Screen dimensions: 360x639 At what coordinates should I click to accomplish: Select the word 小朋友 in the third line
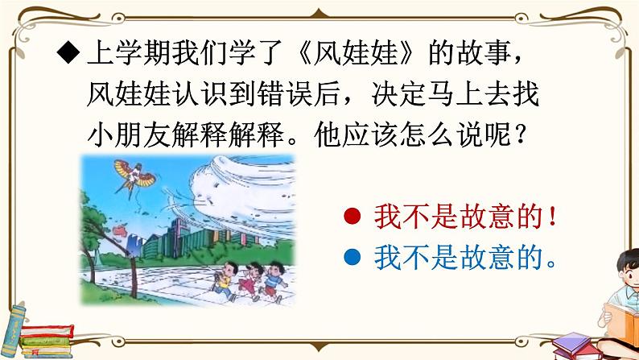[125, 136]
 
